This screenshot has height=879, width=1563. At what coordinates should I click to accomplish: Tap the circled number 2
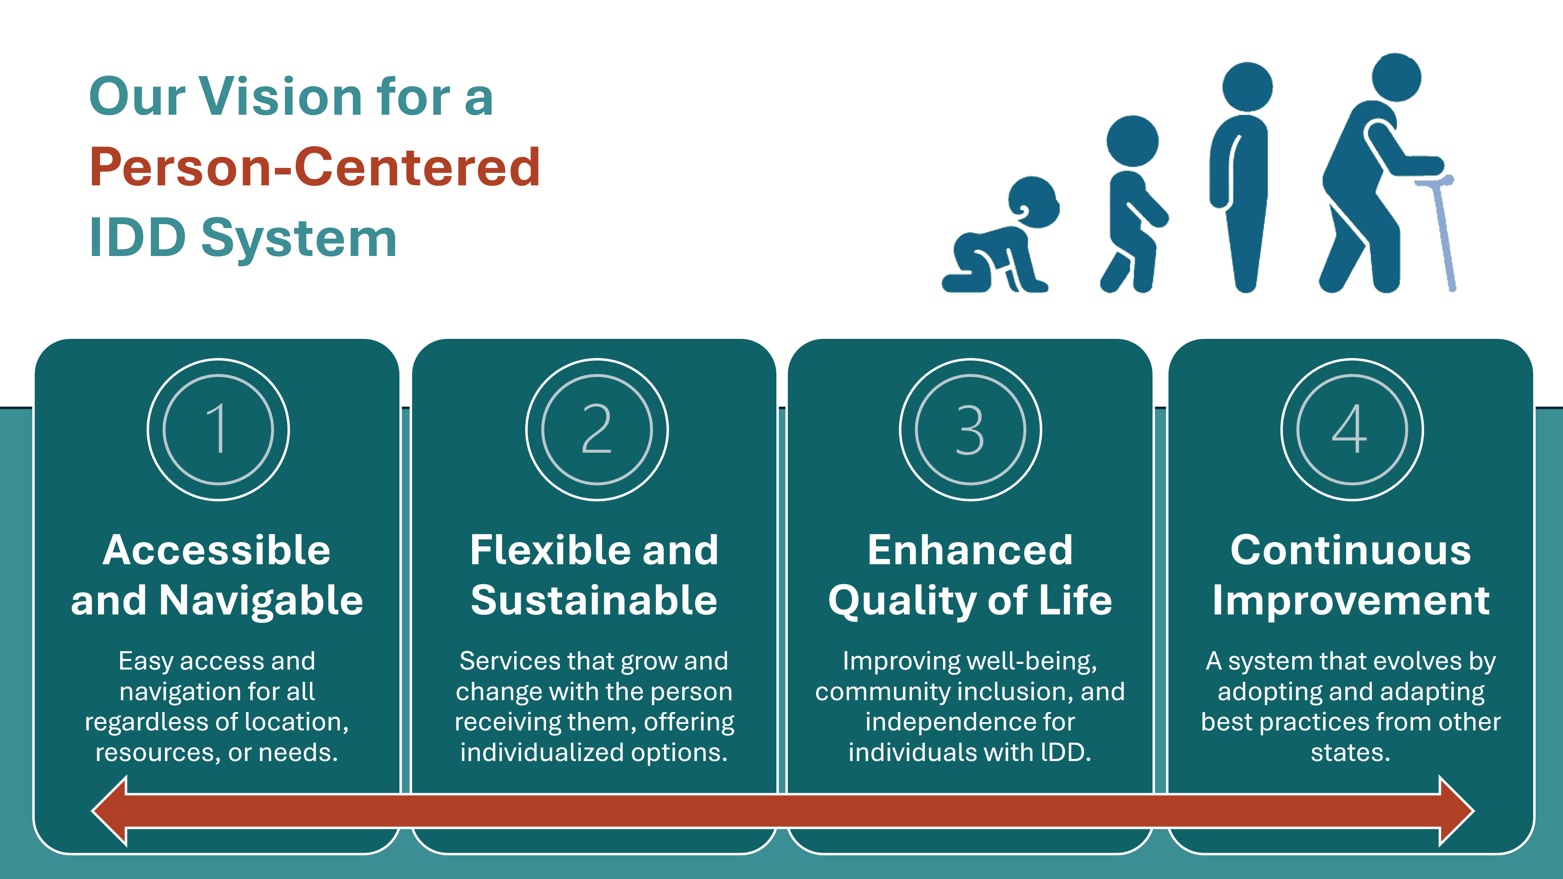tap(597, 429)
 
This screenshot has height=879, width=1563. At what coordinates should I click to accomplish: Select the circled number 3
tap(970, 429)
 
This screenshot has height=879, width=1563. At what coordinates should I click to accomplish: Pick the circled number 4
tap(1352, 429)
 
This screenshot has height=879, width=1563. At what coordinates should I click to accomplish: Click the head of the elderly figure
tap(1396, 77)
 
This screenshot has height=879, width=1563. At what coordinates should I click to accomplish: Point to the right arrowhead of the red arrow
tap(1457, 810)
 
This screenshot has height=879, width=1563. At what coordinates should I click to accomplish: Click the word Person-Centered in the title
tap(314, 167)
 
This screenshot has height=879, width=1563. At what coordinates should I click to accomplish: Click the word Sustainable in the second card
tap(594, 601)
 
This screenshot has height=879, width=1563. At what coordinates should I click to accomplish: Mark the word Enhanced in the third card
tap(970, 550)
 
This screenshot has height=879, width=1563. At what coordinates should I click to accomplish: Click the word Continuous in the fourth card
tap(1351, 550)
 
